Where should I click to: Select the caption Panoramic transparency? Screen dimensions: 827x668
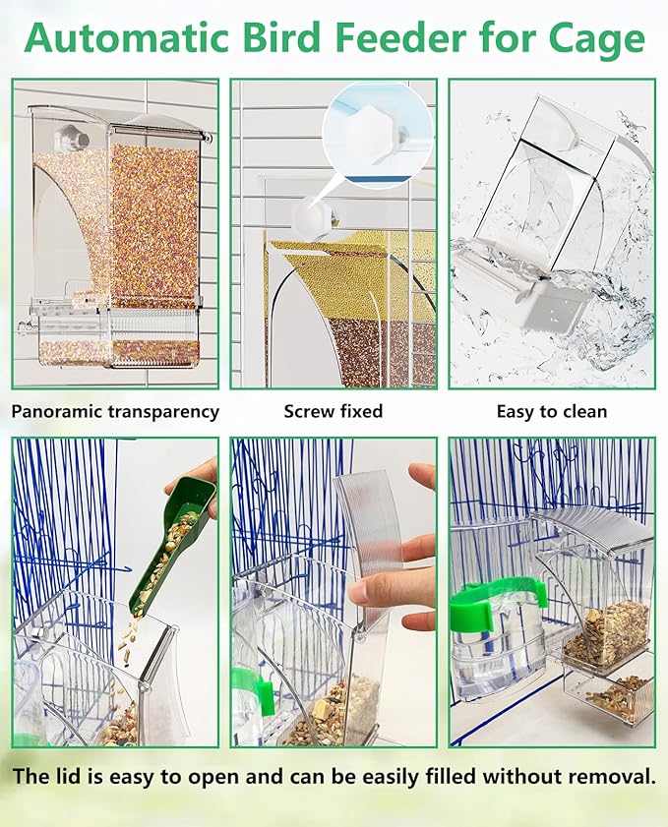click(x=116, y=412)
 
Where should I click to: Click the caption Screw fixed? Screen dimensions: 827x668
click(x=334, y=412)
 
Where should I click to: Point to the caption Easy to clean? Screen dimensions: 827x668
click(x=551, y=412)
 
